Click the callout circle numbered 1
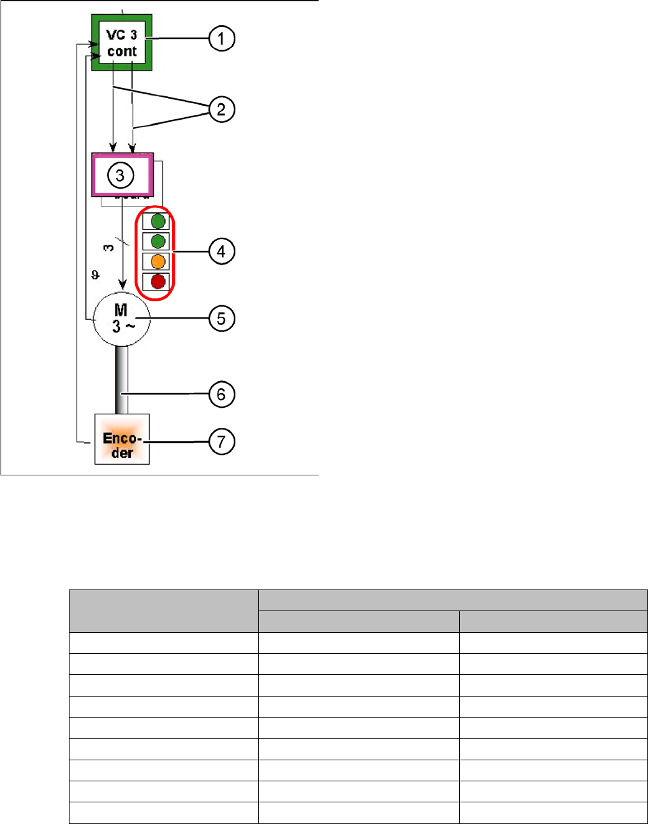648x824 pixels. click(221, 39)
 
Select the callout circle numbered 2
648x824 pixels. click(221, 110)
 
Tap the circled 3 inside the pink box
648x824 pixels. click(120, 175)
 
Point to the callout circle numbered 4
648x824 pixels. click(221, 251)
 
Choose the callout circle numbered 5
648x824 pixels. click(221, 318)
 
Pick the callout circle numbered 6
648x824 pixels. click(221, 394)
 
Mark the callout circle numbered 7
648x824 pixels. click(221, 442)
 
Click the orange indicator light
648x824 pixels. click(158, 261)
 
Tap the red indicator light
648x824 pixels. click(158, 281)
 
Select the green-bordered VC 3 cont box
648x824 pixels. click(122, 42)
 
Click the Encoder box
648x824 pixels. click(122, 439)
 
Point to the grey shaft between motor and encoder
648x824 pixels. click(121, 380)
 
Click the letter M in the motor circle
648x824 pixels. click(121, 310)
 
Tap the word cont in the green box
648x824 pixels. click(122, 52)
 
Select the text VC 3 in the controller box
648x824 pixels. click(122, 35)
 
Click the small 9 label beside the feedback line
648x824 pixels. click(95, 275)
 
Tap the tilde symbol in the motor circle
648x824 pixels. click(129, 326)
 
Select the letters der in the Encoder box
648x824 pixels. click(122, 453)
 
